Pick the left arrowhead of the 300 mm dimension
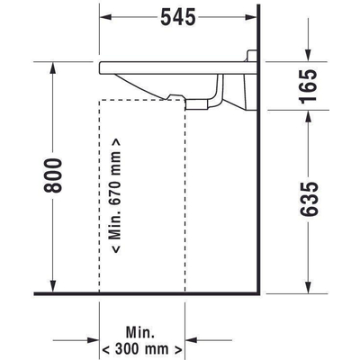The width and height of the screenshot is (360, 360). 103,348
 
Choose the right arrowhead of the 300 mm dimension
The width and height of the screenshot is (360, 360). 183,348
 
